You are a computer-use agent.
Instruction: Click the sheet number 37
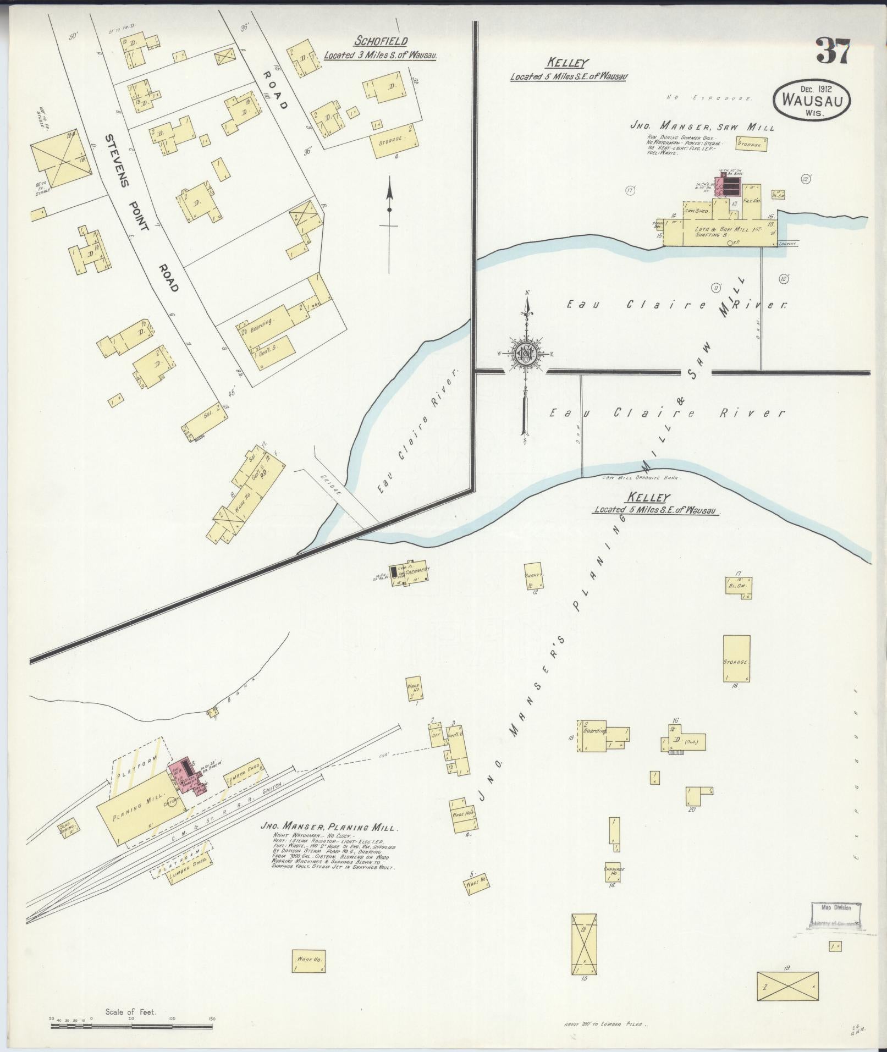[x=833, y=52]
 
